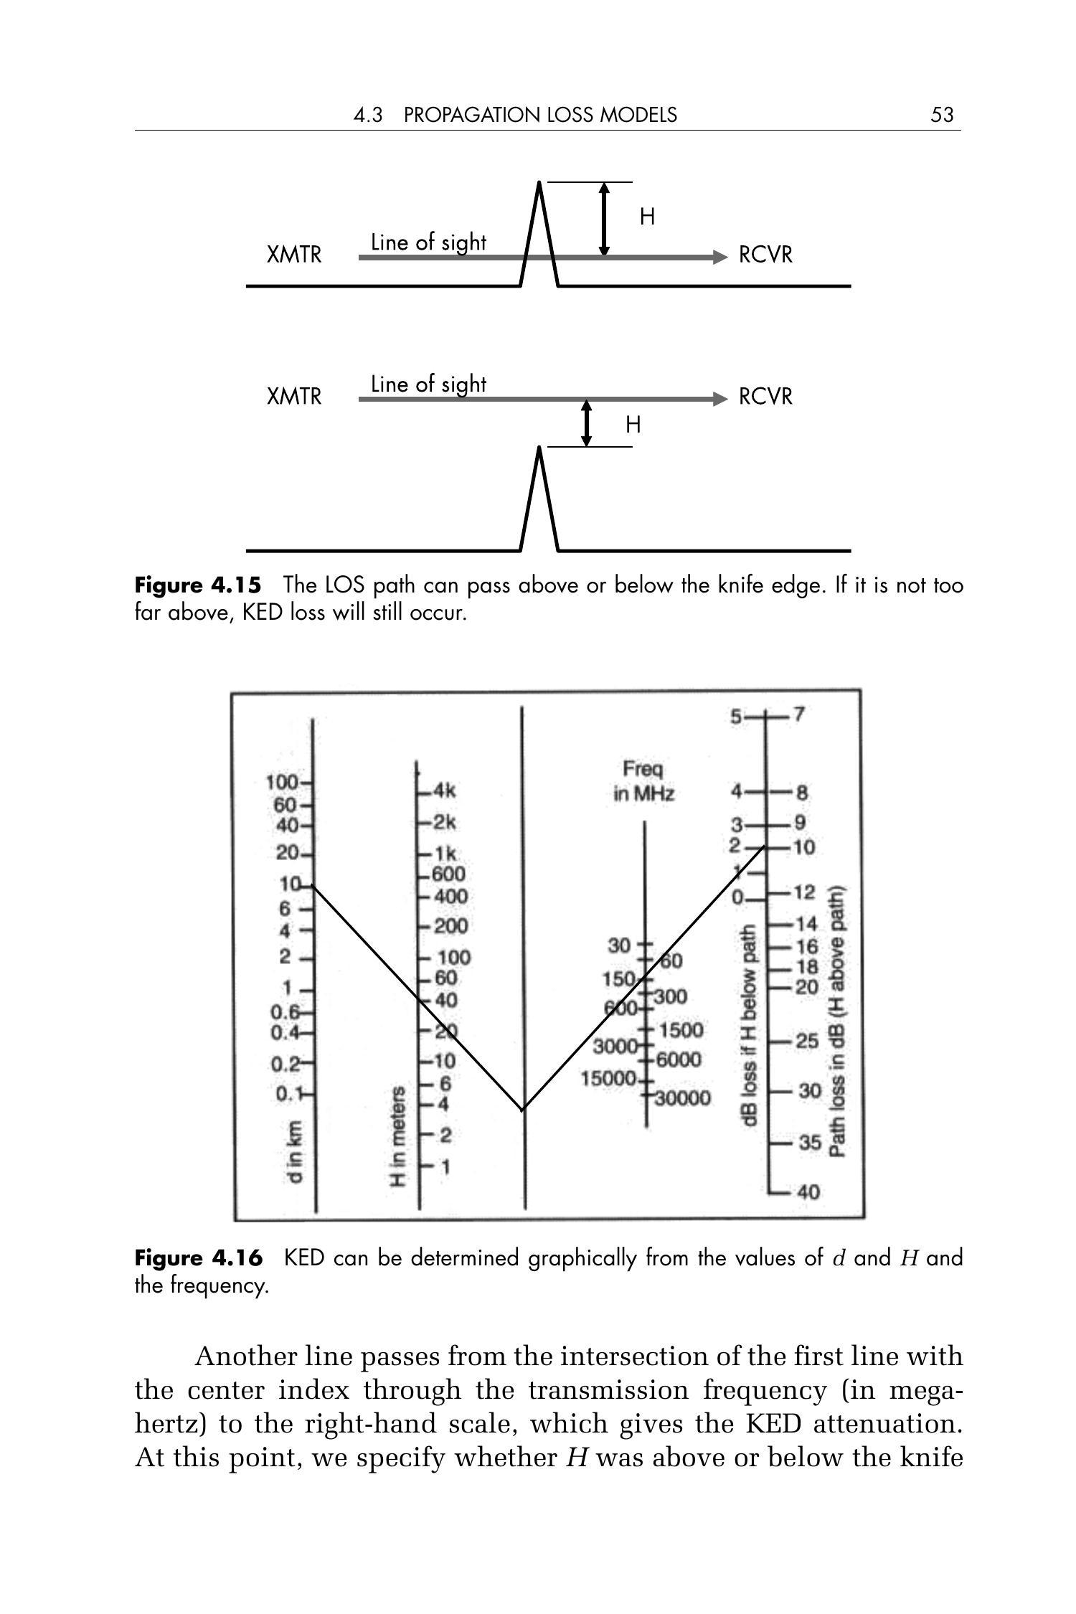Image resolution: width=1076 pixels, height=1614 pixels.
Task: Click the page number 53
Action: coord(941,115)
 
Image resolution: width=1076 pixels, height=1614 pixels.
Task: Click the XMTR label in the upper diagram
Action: coord(294,255)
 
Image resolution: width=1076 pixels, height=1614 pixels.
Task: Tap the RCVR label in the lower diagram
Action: coord(765,397)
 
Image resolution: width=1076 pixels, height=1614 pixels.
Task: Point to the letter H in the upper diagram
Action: coord(647,217)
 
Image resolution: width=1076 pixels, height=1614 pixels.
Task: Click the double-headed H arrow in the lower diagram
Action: coord(587,424)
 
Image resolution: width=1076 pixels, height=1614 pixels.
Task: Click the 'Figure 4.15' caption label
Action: coord(198,585)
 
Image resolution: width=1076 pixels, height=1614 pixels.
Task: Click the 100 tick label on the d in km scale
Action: coord(281,782)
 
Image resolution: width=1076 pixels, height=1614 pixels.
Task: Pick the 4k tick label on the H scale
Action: coord(443,792)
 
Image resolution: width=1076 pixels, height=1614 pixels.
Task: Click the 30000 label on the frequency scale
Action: coord(681,1098)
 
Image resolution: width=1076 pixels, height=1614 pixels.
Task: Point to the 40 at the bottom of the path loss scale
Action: coord(808,1193)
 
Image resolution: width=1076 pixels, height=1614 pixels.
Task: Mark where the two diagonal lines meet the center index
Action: coord(523,1109)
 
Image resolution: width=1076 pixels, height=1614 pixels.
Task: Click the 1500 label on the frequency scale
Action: coord(681,1030)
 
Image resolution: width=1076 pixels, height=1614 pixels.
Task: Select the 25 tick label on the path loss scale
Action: coord(807,1041)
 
